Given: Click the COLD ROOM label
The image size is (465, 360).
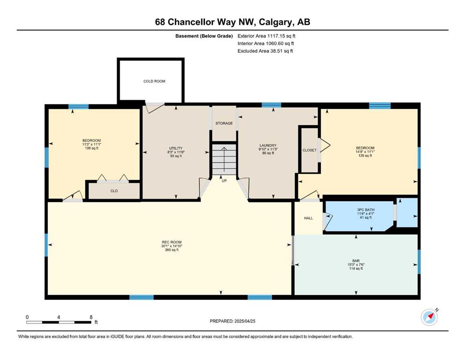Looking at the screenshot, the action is point(154,81).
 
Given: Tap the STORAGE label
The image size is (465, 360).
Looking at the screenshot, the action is point(224,123).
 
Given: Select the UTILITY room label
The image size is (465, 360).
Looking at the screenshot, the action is point(176,149).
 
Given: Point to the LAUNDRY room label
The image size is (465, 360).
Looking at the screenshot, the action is point(268,146).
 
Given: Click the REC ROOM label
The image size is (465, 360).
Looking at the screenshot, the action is point(171,242).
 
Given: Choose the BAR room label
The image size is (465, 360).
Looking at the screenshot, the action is point(356,261).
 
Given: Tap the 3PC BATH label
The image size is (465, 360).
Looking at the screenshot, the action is point(366,210).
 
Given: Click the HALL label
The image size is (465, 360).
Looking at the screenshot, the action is point(309,218).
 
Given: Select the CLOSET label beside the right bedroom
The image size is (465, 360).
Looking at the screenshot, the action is point(310,150).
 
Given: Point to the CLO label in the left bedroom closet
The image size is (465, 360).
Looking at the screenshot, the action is point(114,191).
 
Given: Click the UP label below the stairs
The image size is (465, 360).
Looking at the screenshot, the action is point(224,180).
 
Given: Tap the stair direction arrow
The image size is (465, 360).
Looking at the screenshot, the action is point(224,159).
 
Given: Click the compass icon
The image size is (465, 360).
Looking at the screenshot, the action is point(429,317).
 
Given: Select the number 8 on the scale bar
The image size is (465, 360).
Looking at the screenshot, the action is point(91,317).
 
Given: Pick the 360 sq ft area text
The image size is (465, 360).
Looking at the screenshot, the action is point(172,250).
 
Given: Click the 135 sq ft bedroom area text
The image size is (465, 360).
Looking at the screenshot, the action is point(365,156).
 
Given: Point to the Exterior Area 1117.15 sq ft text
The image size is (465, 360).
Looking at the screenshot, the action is point(266,36).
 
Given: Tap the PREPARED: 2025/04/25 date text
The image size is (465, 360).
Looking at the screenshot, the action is point(232,321).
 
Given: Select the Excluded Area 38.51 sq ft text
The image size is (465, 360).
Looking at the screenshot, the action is point(265,51).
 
